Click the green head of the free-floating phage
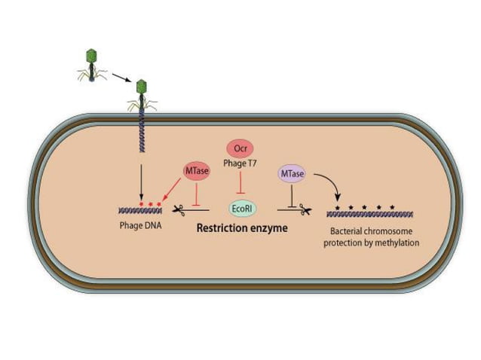click(x=93, y=55)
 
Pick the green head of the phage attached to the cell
click(x=140, y=87)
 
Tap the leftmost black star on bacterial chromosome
click(x=337, y=205)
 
